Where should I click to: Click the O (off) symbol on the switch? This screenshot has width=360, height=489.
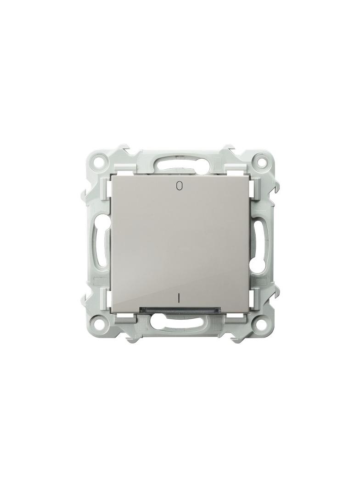pos(179,186)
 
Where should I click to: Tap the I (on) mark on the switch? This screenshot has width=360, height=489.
pos(179,299)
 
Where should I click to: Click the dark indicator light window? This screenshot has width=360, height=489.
pos(180,310)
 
